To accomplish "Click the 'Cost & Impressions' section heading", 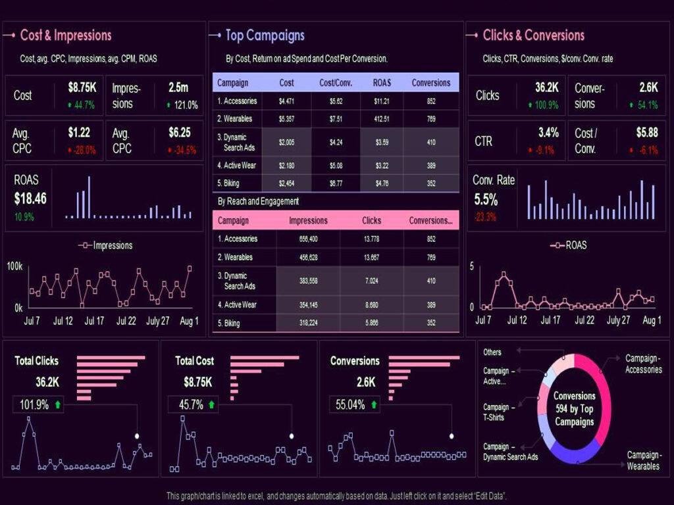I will pos(66,36).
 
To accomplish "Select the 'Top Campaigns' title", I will pos(265,36).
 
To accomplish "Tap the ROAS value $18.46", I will pos(30,199).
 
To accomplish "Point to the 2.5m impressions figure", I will pos(178,87).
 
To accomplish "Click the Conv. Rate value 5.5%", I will pos(486,199).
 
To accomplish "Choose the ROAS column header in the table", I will pos(381,83).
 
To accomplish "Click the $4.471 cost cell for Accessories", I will pos(286,101).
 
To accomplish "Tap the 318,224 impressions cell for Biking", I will pos(304,324).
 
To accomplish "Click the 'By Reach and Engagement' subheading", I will pos(258,201).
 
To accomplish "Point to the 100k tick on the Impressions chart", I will pos(15,266).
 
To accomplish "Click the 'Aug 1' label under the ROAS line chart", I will pos(652,320).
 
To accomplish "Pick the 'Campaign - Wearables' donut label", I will pos(643,460).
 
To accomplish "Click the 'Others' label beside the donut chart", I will pos(492,352).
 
